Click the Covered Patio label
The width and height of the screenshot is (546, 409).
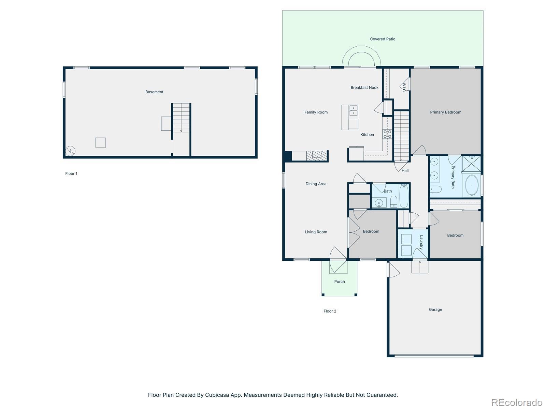click(382, 39)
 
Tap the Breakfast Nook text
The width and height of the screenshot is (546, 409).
click(364, 87)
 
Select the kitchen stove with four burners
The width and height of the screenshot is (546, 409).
click(387, 134)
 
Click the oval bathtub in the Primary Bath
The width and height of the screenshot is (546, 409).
click(472, 185)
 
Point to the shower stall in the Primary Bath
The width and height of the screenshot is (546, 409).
click(471, 164)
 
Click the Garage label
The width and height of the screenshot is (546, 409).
click(435, 309)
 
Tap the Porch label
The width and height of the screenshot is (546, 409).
click(340, 282)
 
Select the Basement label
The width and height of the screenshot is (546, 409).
click(154, 92)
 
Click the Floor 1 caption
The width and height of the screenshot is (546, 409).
click(71, 173)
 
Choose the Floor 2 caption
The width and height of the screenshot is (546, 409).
click(330, 311)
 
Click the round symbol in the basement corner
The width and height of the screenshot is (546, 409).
click(70, 151)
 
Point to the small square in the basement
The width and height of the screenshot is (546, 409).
click(100, 142)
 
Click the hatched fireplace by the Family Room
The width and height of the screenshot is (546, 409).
click(317, 156)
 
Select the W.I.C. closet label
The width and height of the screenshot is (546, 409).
click(404, 87)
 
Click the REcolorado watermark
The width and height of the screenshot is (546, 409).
click(517, 402)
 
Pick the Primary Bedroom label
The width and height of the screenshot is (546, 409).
click(446, 112)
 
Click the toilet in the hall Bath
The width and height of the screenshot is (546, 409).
click(393, 201)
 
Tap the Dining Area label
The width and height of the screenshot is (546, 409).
click(316, 184)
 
